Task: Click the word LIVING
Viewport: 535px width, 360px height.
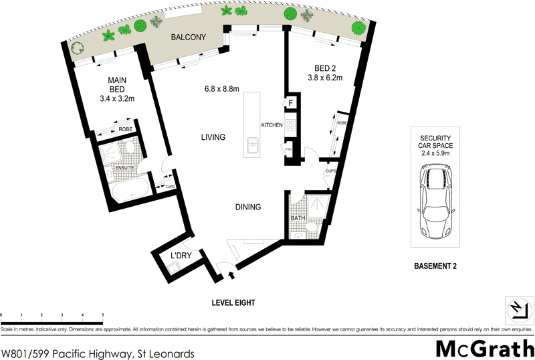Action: pyautogui.click(x=213, y=137)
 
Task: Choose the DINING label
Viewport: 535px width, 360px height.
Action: pyautogui.click(x=247, y=207)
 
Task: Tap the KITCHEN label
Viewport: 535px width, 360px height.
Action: pyautogui.click(x=272, y=126)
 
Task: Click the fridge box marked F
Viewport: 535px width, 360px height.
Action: pyautogui.click(x=291, y=103)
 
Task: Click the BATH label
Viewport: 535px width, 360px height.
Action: pyautogui.click(x=298, y=219)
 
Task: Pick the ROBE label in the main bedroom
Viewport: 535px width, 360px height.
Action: pyautogui.click(x=125, y=130)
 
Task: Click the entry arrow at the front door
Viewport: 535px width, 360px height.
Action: pyautogui.click(x=232, y=274)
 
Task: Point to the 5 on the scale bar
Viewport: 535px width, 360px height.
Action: pyautogui.click(x=102, y=314)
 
